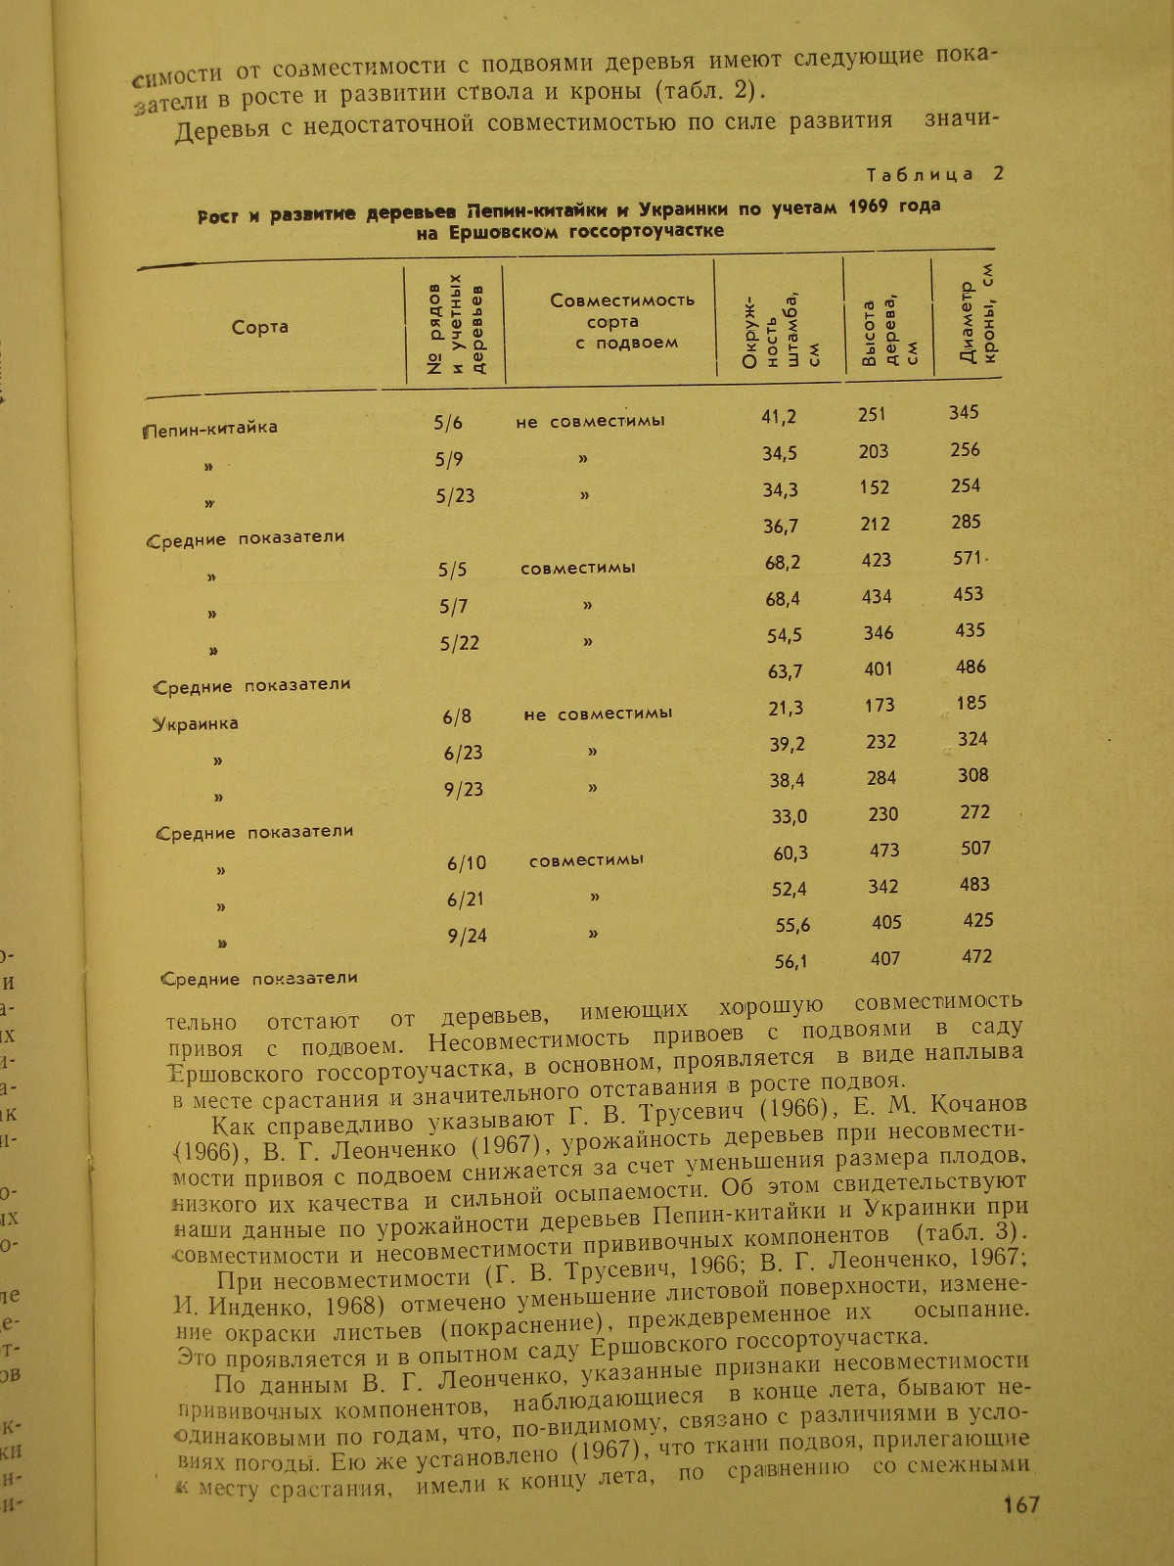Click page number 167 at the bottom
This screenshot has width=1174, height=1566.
point(1020,1504)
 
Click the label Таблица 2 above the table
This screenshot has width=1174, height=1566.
point(935,174)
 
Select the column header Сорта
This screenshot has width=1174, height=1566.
point(260,327)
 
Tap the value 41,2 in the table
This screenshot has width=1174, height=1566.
point(779,417)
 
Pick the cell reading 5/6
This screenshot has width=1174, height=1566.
point(448,423)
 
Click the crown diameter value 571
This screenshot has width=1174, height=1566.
point(967,558)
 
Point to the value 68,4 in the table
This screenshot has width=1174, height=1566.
point(783,598)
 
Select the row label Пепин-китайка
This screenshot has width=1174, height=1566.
point(211,428)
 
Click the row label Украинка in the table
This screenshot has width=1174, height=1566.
point(196,724)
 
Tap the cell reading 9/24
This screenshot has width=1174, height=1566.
point(467,936)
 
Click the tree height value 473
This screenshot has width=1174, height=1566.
point(885,851)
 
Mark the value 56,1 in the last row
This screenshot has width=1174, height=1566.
point(791,961)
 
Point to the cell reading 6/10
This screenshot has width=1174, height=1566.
point(467,863)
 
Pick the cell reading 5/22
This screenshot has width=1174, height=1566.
point(460,643)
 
